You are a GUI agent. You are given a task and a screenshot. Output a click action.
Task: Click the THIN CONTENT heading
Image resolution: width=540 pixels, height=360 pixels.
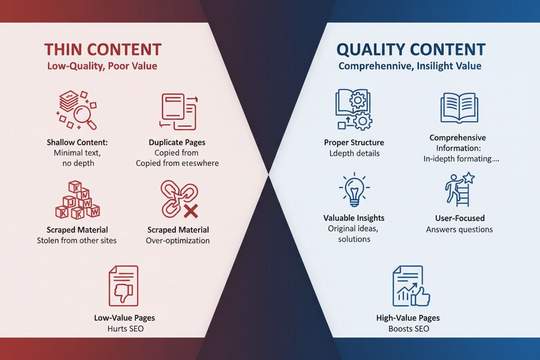[x=103, y=49]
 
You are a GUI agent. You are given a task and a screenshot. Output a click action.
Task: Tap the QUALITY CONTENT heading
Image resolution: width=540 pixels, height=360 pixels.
[x=411, y=49]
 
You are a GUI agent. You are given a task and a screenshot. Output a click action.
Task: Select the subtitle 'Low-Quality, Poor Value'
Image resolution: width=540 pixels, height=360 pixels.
[x=103, y=66]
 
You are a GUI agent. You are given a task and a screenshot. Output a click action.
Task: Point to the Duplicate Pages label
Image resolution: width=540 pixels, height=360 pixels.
[x=177, y=142]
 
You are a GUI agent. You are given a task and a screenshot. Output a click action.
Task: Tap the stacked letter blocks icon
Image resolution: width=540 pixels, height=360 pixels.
[x=77, y=200]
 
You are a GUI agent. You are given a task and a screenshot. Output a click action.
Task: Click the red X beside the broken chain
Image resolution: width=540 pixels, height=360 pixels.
[x=191, y=212]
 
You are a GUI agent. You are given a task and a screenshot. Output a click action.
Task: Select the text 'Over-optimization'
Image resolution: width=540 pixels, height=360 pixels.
[x=178, y=241]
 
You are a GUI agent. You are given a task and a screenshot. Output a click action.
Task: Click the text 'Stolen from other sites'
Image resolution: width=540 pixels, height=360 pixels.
[x=77, y=240]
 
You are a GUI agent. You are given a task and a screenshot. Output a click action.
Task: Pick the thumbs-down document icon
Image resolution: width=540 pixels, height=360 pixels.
[x=123, y=286]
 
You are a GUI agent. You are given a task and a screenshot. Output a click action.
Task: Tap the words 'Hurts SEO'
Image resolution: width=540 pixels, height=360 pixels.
[x=125, y=329]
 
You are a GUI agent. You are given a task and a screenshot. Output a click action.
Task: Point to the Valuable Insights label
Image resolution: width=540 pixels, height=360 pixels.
[x=354, y=218]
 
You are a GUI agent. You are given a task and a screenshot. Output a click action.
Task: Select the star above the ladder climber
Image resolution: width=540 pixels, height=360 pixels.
[x=469, y=178]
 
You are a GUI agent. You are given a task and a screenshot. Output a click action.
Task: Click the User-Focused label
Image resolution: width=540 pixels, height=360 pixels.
[x=460, y=219]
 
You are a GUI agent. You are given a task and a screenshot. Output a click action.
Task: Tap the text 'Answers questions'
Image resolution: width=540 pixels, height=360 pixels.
[x=460, y=230]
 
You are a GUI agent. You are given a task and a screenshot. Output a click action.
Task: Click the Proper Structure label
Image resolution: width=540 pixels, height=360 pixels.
[x=354, y=142]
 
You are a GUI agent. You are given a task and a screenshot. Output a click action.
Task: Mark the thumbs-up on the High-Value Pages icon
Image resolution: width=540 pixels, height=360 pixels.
[x=421, y=297]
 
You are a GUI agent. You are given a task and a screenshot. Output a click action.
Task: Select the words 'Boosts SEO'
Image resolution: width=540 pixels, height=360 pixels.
[x=408, y=329]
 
